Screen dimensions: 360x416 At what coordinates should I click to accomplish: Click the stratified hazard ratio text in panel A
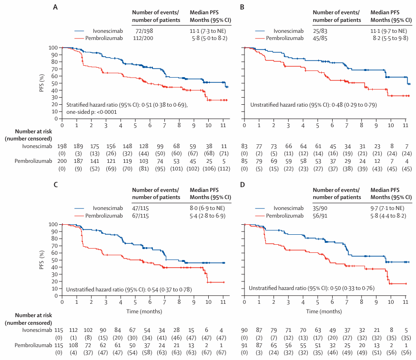point(127,104)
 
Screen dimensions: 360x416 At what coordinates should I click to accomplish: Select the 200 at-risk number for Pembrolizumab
point(62,162)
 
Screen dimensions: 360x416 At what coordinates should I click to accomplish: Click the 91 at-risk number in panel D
point(244,345)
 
